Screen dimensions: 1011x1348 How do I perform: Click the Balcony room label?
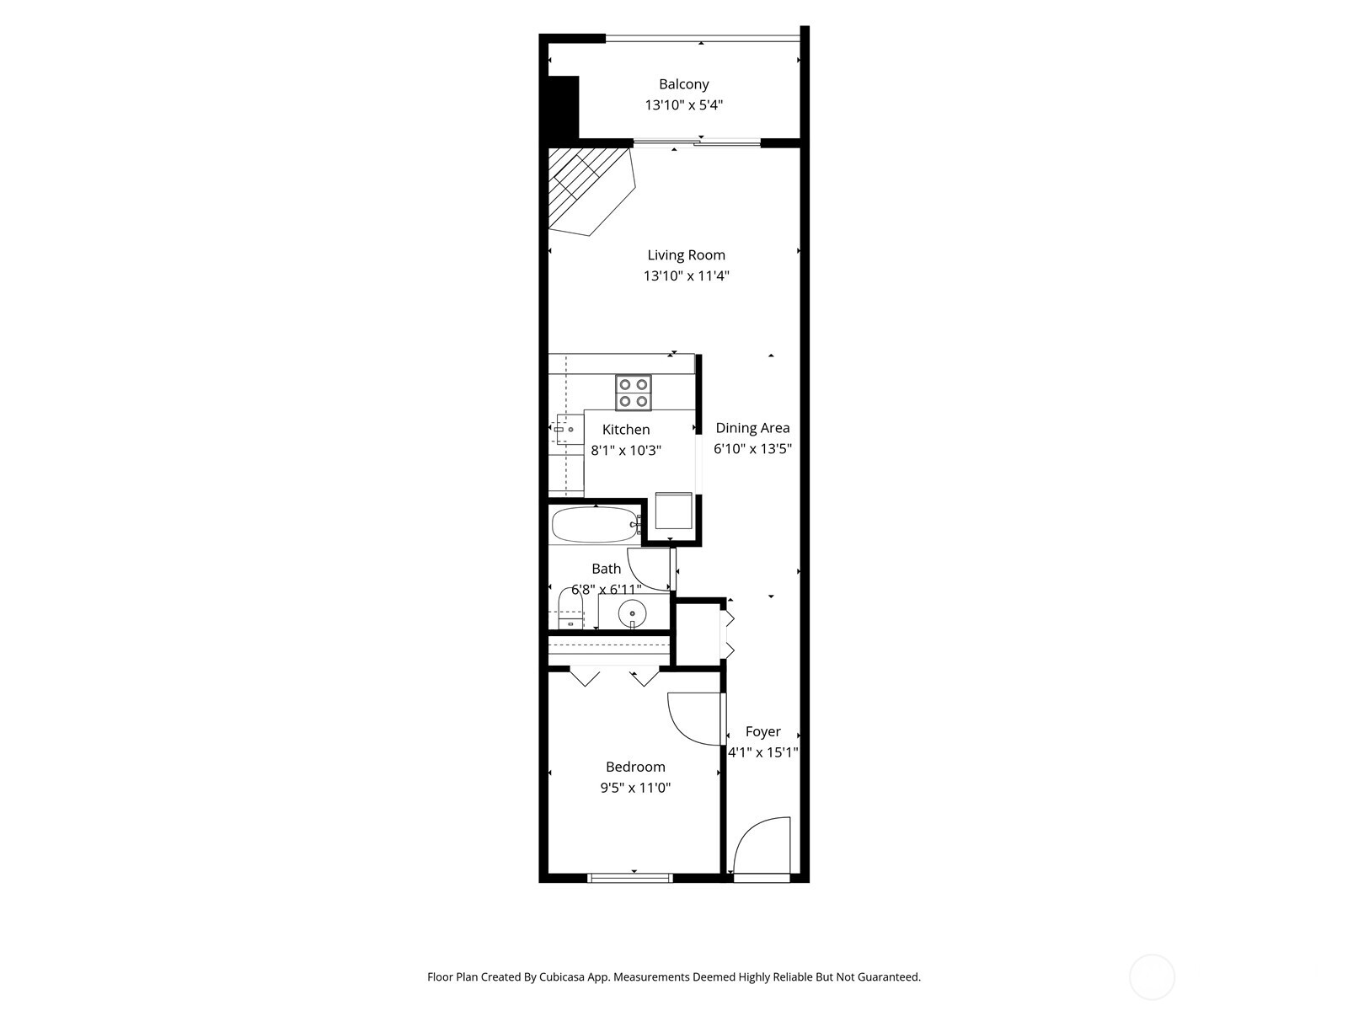[x=683, y=84]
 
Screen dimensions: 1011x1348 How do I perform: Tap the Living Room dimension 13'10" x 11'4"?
[x=686, y=275]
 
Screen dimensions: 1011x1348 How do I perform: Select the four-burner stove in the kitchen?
[x=633, y=393]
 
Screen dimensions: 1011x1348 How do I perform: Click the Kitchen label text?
[x=625, y=430]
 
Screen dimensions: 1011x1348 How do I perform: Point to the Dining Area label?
[x=752, y=428]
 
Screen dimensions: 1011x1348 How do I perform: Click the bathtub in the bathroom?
[x=594, y=525]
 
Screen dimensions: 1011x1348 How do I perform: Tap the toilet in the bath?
[x=571, y=609]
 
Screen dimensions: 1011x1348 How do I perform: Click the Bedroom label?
[x=635, y=767]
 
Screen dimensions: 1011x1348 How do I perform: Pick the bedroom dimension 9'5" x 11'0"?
[x=635, y=788]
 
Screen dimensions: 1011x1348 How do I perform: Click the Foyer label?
[x=762, y=731]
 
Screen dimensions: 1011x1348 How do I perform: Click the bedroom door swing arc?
[x=693, y=719]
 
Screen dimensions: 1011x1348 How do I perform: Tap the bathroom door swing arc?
[x=650, y=569]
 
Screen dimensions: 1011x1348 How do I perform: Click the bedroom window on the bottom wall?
[x=630, y=878]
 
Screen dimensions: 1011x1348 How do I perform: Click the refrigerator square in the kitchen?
[x=674, y=511]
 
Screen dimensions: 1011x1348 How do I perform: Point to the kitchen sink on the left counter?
[x=565, y=430]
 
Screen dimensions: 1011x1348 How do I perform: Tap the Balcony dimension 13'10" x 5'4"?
[x=683, y=105]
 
